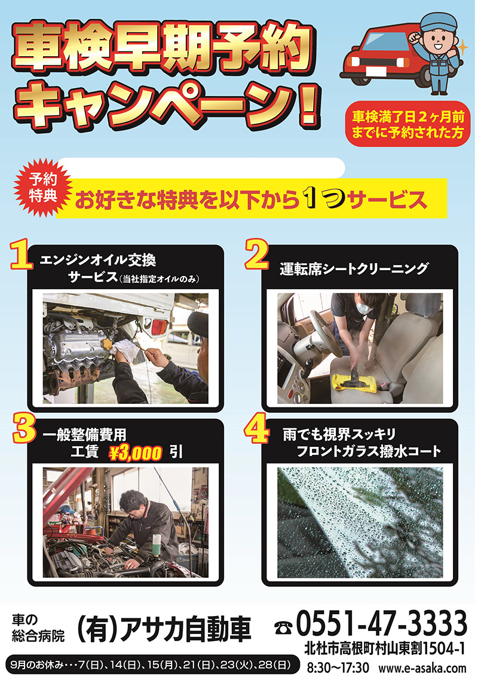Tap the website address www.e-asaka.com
pos(422,667)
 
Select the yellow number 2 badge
pos(256,255)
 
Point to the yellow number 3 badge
pos(23,428)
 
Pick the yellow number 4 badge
pos(256,430)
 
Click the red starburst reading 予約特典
pos(43,188)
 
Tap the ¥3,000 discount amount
pos(135,453)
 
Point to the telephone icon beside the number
pos(283,626)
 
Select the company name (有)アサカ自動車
pos(164,629)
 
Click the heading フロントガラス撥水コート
pos(368,452)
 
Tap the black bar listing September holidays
pos(152,665)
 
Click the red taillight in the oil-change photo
pos(160,327)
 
